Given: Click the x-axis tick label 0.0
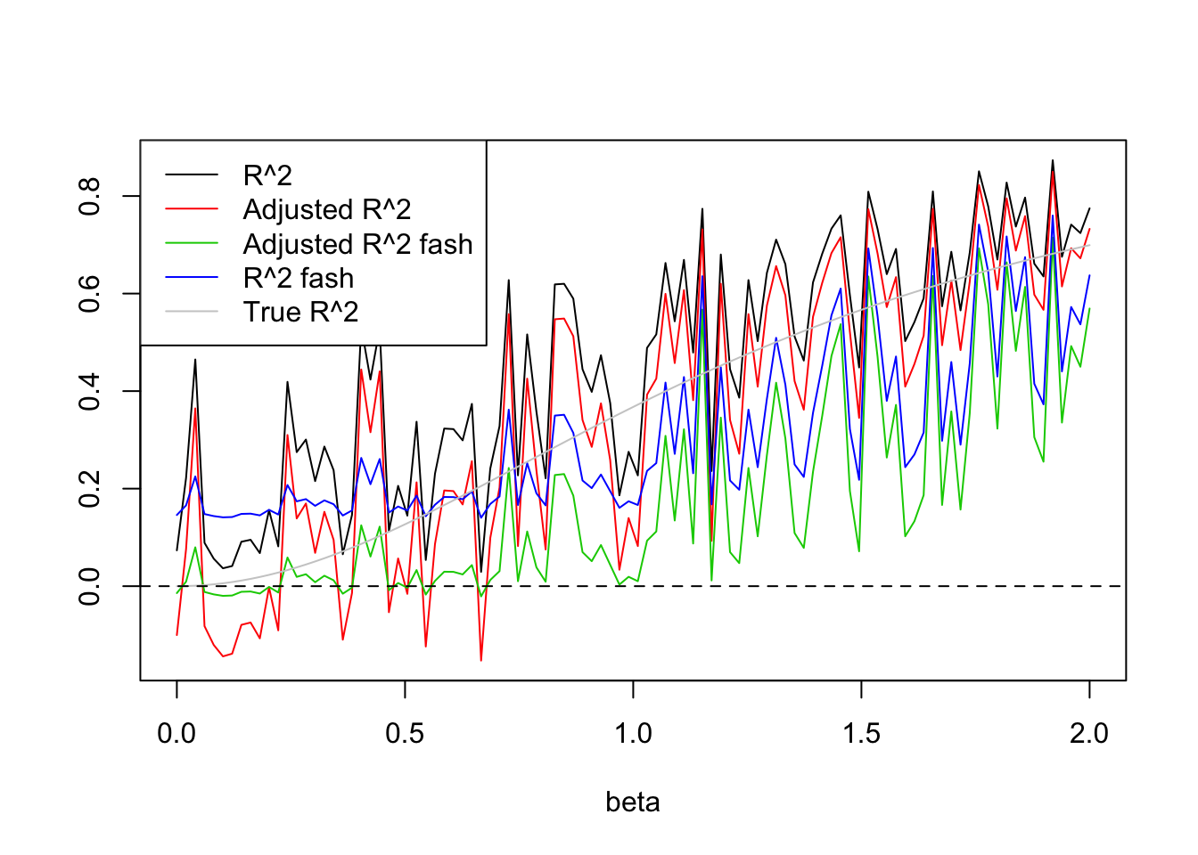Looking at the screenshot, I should [176, 734].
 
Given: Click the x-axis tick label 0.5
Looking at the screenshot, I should [405, 734].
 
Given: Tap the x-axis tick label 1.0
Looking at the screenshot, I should [633, 734].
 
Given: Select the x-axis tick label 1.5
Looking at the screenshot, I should [861, 734].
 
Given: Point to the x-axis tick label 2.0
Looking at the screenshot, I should [1089, 734].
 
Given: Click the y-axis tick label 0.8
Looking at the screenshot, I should [90, 196].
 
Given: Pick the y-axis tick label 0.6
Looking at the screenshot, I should [90, 293].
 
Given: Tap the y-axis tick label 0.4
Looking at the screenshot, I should [90, 391].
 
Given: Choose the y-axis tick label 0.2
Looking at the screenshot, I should [90, 488].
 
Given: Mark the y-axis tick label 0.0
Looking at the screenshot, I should [90, 586].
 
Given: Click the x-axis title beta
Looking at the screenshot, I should [633, 802].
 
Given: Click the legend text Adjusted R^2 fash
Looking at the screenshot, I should [357, 244].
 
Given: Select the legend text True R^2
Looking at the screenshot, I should [300, 313].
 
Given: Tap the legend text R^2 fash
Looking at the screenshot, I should [298, 279].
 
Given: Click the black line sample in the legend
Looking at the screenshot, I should [192, 175].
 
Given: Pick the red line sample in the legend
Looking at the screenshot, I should [192, 209].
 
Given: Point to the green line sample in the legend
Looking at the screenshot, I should [192, 244].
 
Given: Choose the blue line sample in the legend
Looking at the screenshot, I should [192, 278].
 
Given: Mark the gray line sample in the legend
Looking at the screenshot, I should [192, 312].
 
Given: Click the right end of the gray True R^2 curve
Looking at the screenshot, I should [1088, 245].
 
